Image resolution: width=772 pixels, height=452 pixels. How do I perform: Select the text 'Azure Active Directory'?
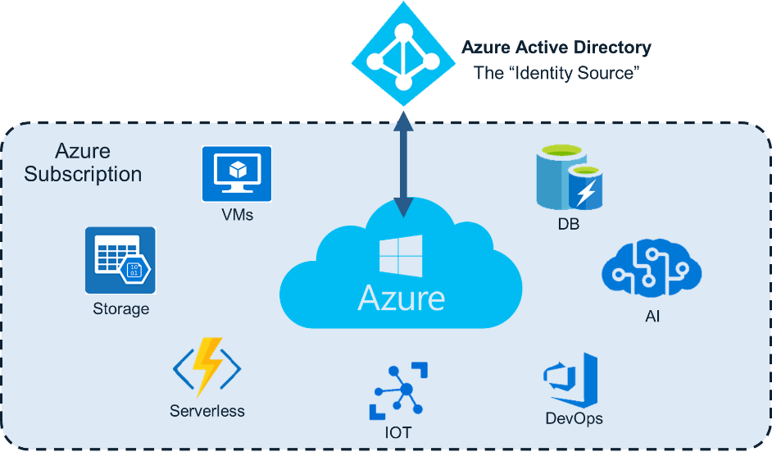[556, 48]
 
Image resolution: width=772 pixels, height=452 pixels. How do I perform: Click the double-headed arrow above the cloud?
[402, 164]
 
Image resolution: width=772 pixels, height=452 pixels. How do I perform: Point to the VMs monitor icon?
[237, 174]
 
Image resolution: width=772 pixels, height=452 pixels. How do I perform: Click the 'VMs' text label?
[237, 217]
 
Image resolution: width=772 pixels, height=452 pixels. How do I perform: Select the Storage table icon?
[120, 260]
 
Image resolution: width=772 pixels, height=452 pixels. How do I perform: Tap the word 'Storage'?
[121, 309]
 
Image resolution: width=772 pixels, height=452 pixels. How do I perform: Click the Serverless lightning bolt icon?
[207, 368]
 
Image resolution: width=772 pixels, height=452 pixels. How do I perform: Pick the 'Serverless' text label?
[207, 410]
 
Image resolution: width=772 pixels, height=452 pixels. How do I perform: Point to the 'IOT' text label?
[398, 432]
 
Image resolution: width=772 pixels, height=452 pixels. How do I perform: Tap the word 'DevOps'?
[574, 419]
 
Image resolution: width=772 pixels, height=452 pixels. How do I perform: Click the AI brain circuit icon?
[652, 269]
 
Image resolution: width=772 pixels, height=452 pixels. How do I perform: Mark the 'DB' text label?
[568, 223]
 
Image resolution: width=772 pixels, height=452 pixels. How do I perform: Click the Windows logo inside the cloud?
[401, 257]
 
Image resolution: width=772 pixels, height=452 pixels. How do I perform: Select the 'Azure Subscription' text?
[83, 163]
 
